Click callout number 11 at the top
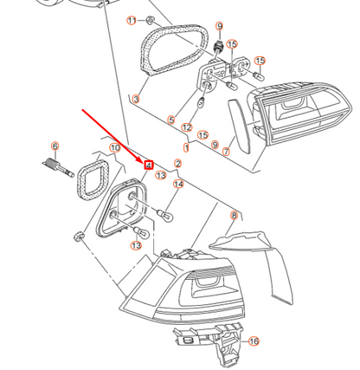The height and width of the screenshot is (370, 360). [x=132, y=19]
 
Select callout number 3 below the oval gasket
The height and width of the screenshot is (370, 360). [x=136, y=99]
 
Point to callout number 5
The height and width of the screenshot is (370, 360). [x=171, y=120]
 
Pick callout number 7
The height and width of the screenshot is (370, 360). [x=226, y=152]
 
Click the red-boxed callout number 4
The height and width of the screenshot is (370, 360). [x=149, y=163]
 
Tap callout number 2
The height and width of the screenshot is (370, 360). [x=177, y=163]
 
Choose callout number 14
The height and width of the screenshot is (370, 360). [x=178, y=184]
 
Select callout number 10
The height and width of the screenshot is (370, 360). [x=114, y=148]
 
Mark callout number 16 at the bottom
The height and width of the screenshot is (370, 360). [x=254, y=342]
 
